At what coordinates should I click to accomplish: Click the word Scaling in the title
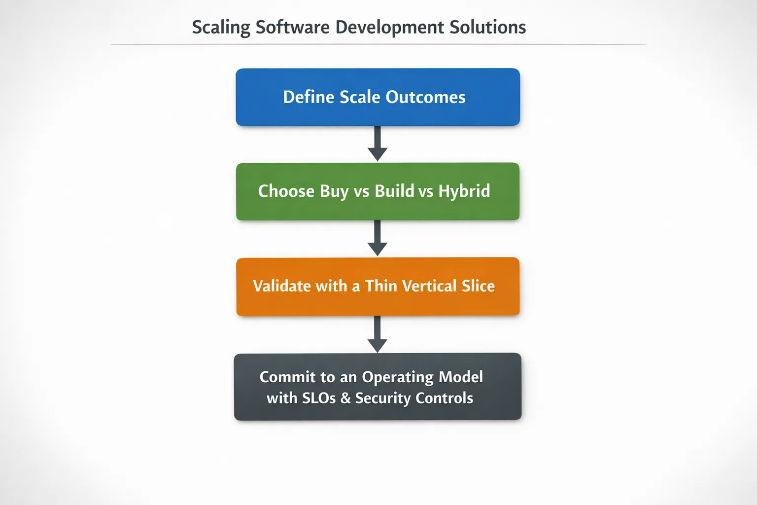click(x=221, y=28)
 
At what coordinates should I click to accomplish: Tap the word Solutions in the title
click(x=487, y=27)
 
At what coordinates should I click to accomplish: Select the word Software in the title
click(x=293, y=27)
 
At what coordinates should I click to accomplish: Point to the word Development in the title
click(x=389, y=28)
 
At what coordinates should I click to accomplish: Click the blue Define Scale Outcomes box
click(x=378, y=97)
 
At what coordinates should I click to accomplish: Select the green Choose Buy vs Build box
click(x=378, y=191)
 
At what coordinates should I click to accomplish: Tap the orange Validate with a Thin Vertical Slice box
click(x=378, y=287)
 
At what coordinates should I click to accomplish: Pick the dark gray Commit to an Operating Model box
click(x=378, y=387)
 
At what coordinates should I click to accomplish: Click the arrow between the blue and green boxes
click(x=378, y=144)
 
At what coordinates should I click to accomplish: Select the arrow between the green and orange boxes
click(x=378, y=238)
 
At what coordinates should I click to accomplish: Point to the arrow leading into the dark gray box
click(x=378, y=334)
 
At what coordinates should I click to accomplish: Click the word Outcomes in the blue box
click(x=425, y=97)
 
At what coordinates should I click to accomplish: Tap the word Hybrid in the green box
click(x=464, y=192)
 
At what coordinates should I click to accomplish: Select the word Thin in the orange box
click(x=380, y=286)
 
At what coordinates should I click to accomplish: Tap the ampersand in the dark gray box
click(x=345, y=398)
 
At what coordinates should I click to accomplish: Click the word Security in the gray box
click(x=383, y=398)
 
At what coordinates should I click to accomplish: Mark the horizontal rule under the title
click(x=378, y=44)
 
